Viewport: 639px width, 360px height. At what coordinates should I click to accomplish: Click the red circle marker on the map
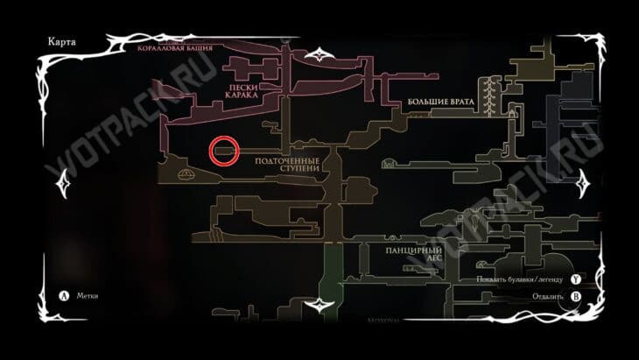click(224, 152)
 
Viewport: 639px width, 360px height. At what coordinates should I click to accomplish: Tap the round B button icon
click(575, 296)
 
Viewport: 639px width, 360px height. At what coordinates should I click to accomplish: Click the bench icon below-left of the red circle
click(186, 175)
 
